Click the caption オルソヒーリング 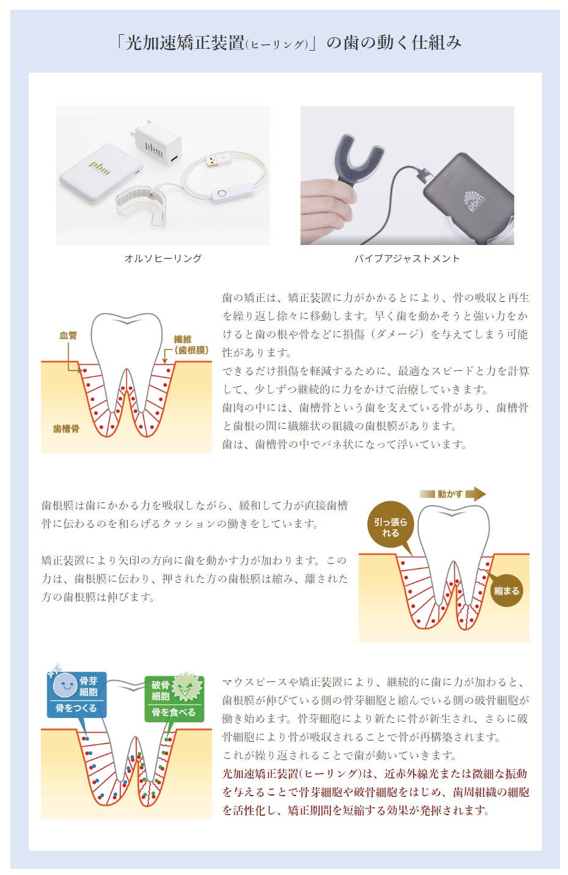[162, 258]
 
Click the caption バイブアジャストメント [407, 258]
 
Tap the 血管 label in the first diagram [68, 335]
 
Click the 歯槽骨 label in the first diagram [66, 429]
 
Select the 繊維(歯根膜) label [191, 345]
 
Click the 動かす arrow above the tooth [452, 494]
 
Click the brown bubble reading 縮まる [507, 591]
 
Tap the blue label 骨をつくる [76, 708]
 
